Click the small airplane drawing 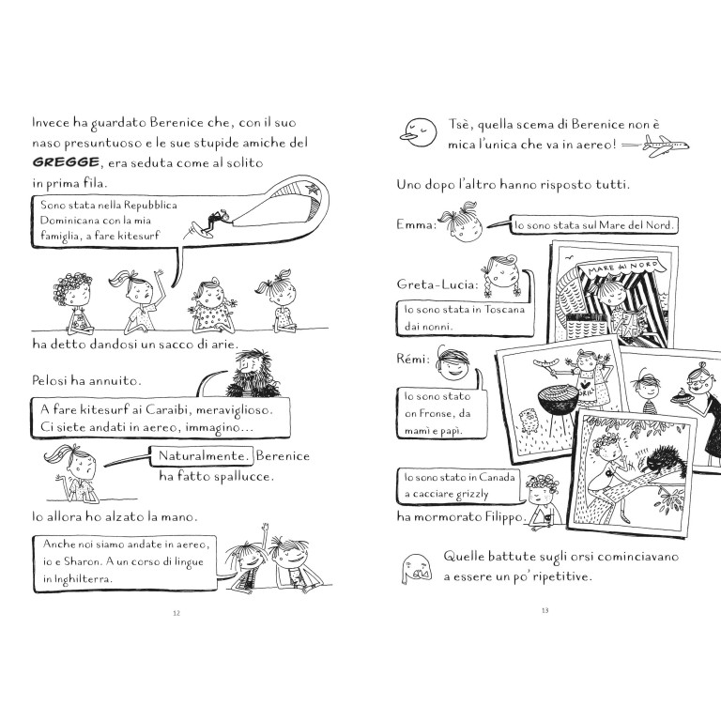(668, 144)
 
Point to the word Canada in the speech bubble (495, 477)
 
